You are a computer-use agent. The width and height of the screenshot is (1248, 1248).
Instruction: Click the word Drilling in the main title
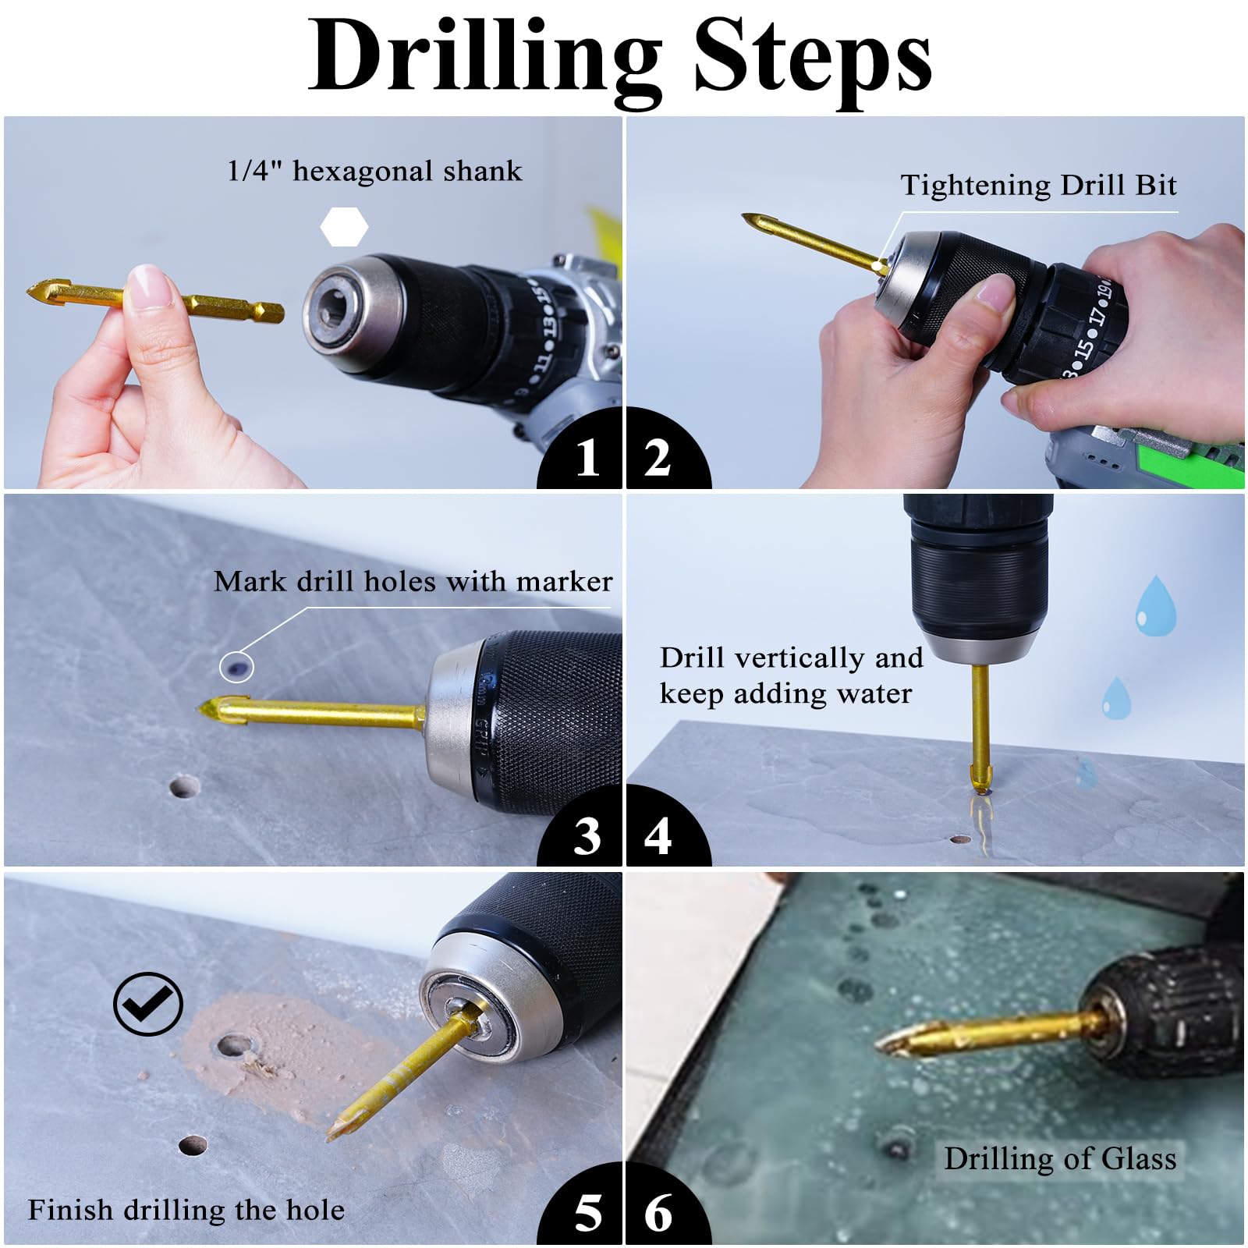(x=484, y=58)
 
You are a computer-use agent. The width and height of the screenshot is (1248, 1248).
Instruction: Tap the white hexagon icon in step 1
(x=344, y=227)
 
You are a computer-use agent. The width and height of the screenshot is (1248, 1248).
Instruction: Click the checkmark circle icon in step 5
(x=148, y=1004)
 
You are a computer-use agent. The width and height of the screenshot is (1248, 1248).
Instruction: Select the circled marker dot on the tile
(x=236, y=666)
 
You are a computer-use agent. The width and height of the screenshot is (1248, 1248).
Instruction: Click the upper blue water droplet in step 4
(x=1155, y=605)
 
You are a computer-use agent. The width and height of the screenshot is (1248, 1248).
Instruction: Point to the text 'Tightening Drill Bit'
(x=1038, y=186)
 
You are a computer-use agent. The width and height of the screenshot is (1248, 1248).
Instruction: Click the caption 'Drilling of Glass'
(x=1060, y=1158)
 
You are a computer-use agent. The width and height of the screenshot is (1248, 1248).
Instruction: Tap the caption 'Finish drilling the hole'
(x=186, y=1210)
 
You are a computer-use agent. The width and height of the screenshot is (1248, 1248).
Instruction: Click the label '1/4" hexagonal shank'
(x=374, y=171)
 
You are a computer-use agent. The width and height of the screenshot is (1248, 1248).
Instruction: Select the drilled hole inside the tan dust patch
(x=234, y=1045)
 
